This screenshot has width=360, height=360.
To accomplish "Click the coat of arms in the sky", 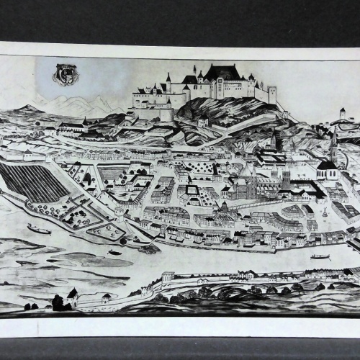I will [x=66, y=74].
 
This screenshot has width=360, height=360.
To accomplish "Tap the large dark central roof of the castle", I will [x=222, y=72].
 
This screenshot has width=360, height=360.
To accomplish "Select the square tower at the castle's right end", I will [x=272, y=94].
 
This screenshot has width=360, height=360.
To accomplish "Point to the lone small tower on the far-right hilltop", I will [x=343, y=112].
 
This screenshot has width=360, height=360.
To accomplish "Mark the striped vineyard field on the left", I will [x=33, y=182].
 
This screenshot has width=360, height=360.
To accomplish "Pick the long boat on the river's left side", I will [x=39, y=229].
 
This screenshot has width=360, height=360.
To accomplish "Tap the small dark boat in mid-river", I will [x=115, y=252].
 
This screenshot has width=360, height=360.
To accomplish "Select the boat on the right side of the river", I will [x=320, y=256].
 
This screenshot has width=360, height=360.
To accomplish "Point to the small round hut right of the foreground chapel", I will [x=107, y=297].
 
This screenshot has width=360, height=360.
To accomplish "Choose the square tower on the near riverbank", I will [x=168, y=276].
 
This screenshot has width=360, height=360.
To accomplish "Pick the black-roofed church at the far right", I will [x=328, y=168].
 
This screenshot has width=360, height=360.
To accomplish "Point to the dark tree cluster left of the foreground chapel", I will [x=58, y=302].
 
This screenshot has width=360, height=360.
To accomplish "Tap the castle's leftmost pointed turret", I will [x=168, y=77].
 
